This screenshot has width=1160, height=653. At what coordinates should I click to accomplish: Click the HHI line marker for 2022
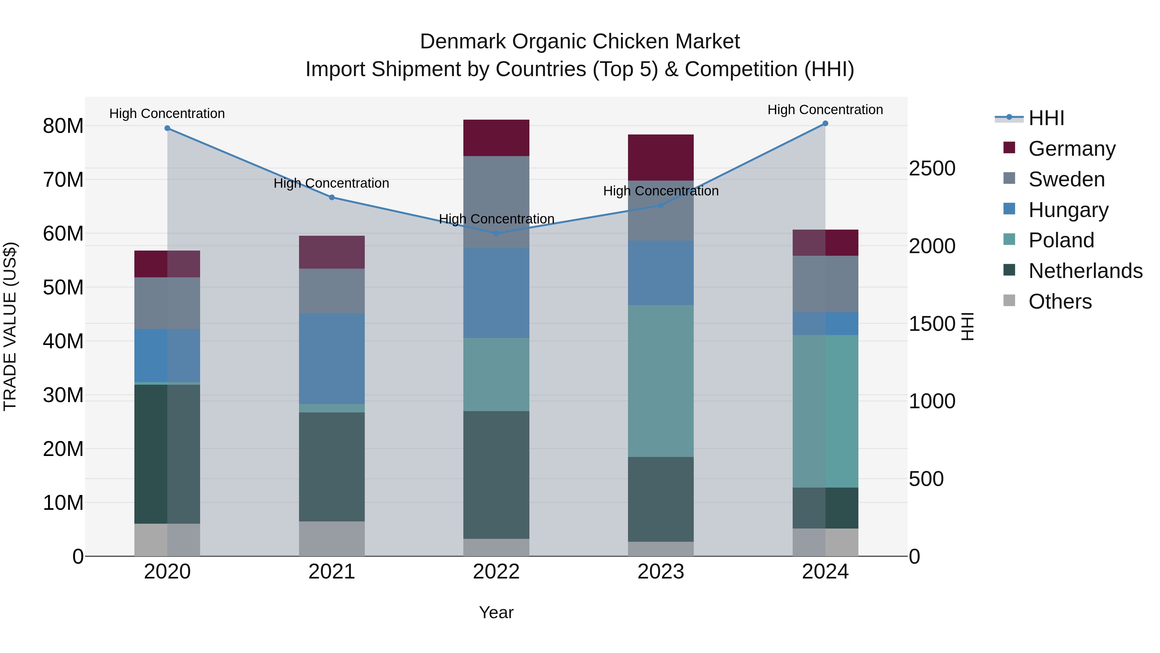pyautogui.click(x=496, y=233)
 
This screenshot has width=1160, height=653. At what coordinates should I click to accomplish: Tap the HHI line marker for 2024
pyautogui.click(x=825, y=124)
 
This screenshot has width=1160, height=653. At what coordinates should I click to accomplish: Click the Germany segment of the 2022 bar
pyautogui.click(x=496, y=138)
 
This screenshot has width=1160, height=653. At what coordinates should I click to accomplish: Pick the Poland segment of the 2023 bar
pyautogui.click(x=661, y=381)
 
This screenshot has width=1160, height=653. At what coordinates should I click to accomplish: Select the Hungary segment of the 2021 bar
pyautogui.click(x=332, y=359)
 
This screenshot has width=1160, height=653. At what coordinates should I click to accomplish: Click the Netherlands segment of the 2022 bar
pyautogui.click(x=496, y=475)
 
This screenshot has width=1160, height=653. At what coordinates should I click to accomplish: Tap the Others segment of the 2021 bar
pyautogui.click(x=332, y=539)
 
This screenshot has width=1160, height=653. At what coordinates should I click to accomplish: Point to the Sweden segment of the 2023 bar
pyautogui.click(x=661, y=211)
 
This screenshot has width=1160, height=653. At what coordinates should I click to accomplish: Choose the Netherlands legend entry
pyautogui.click(x=1085, y=271)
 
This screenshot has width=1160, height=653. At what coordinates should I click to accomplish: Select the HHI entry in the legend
pyautogui.click(x=1046, y=118)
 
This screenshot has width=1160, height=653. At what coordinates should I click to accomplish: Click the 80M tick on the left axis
pyautogui.click(x=63, y=126)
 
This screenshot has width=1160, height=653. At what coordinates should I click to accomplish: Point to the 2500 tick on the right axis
pyautogui.click(x=932, y=169)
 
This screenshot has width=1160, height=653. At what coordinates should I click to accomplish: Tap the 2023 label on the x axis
pyautogui.click(x=661, y=572)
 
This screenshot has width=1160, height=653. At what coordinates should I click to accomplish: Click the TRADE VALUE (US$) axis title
pyautogui.click(x=10, y=326)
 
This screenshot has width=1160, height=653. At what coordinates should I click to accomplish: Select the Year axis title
pyautogui.click(x=496, y=612)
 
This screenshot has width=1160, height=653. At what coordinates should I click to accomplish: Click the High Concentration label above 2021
pyautogui.click(x=332, y=183)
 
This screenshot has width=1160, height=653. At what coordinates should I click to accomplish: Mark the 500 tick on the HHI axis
pyautogui.click(x=926, y=479)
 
